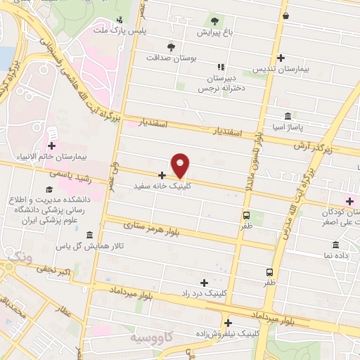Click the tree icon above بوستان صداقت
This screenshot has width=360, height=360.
click(171, 46)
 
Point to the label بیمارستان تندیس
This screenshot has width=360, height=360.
click(284, 70)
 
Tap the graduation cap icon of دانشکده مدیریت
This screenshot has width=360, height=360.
click(49, 191)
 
